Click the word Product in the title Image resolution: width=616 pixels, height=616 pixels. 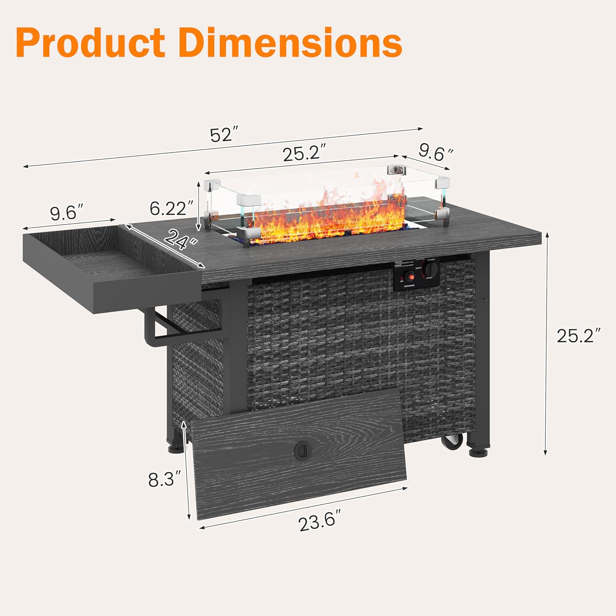pos(90,43)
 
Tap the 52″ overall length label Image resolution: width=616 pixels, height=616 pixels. pos(224,135)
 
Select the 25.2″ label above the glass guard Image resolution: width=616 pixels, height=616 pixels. pos(304,154)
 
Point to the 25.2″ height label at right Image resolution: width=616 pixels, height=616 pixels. pos(579,336)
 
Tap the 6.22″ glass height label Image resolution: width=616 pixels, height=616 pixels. pos(171,209)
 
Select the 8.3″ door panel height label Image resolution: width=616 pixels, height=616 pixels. pos(164,479)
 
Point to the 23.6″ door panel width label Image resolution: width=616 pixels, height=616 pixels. pos(319,522)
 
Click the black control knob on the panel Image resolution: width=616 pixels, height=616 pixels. pos(431,269)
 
